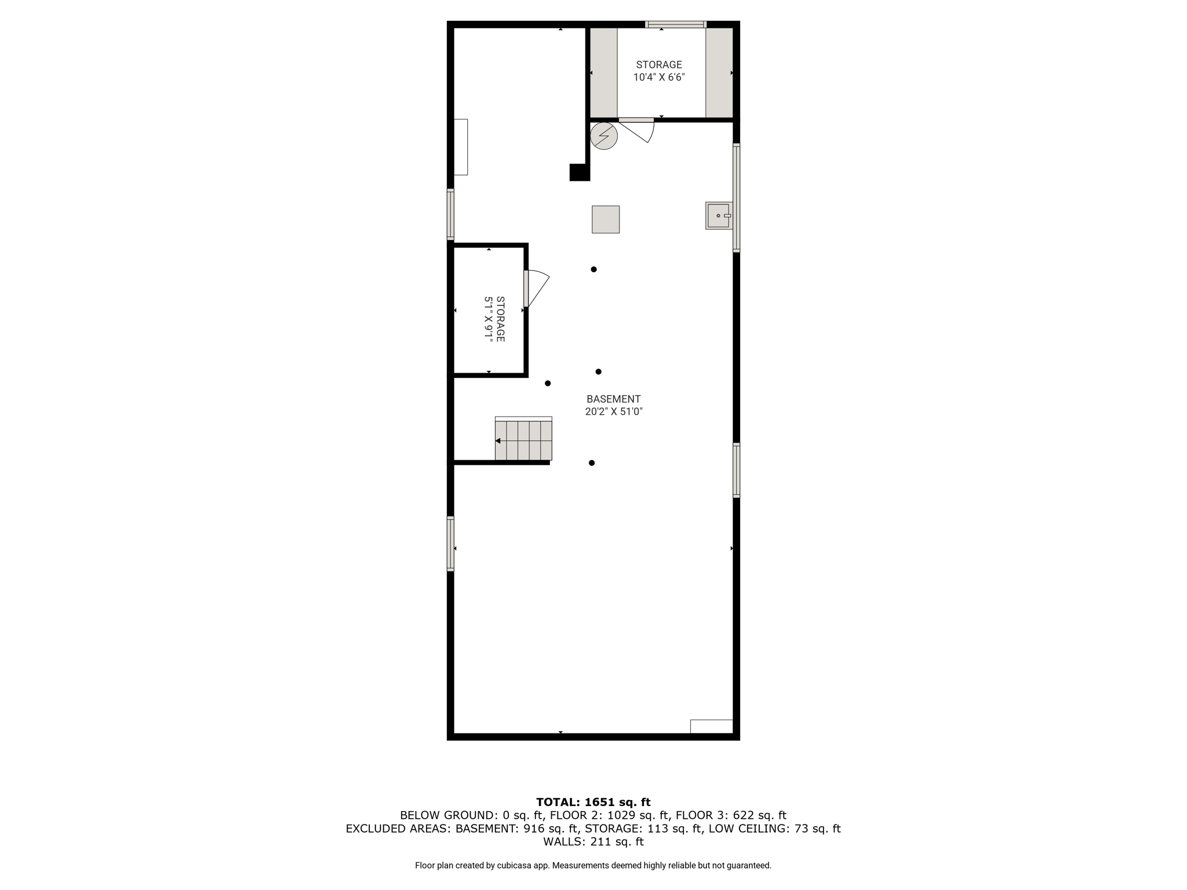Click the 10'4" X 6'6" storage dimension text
pos(659,77)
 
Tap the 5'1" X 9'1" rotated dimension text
pos(489,319)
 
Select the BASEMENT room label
pos(613,399)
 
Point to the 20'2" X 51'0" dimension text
pos(614,412)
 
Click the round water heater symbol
pos(604,136)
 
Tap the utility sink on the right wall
pos(719,216)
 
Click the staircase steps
pos(523,440)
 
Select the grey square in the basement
pos(606,220)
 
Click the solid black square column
pos(580,172)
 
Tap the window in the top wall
pos(676,24)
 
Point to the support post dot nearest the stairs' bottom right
pos(592,463)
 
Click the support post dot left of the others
pos(548,384)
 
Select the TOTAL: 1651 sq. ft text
pos(593,803)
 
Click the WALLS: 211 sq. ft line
pos(593,842)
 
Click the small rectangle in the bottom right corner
pos(712,727)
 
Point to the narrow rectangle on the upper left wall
pos(461,147)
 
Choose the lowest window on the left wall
pos(450,544)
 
